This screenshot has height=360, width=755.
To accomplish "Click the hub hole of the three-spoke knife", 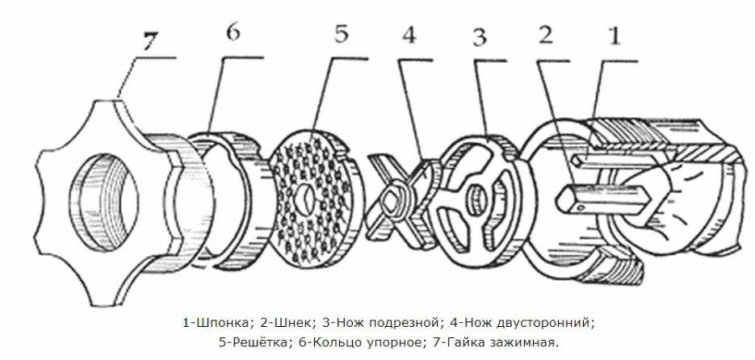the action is point(476,195).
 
